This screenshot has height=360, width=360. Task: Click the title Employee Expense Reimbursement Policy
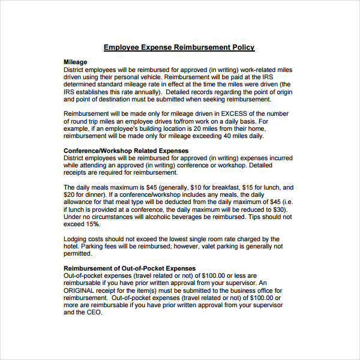179,47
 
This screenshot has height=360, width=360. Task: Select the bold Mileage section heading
75,62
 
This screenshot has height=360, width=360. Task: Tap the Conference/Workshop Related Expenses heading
126,151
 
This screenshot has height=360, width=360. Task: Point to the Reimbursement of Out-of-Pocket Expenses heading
129,268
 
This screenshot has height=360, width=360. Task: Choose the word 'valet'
209,246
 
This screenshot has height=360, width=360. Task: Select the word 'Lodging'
76,239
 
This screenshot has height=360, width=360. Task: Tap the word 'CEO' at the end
94,312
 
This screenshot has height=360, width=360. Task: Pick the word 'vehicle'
145,77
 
